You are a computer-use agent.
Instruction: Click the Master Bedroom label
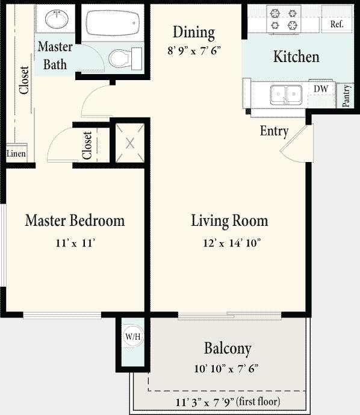click(75, 220)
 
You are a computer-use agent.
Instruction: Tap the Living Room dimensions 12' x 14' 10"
click(229, 243)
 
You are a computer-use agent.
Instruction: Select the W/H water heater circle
click(132, 337)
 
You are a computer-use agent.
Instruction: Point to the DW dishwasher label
click(320, 89)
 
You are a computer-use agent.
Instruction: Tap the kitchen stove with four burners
click(284, 19)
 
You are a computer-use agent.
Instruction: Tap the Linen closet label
click(16, 154)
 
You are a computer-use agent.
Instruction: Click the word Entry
click(274, 131)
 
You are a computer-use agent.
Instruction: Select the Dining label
click(193, 32)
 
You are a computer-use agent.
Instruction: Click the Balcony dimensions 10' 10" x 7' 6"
click(227, 369)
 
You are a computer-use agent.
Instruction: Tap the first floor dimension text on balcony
click(228, 401)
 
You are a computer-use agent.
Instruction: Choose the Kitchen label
click(296, 57)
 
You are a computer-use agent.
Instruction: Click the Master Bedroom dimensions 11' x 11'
click(75, 243)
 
